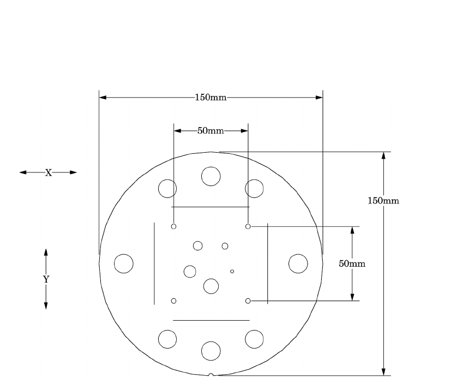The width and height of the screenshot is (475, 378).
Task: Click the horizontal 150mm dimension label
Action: (211, 98)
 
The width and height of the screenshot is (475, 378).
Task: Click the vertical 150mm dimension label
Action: (383, 201)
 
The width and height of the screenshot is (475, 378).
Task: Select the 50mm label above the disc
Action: (211, 131)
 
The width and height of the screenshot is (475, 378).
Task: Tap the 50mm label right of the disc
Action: (352, 263)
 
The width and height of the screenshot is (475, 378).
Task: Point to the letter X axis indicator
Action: (48, 172)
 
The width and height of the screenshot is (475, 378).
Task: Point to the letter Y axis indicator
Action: (46, 279)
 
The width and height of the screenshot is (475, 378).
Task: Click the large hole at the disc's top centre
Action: (211, 176)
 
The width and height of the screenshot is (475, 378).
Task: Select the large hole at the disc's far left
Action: (124, 263)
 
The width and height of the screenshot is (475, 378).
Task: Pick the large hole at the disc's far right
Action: (298, 263)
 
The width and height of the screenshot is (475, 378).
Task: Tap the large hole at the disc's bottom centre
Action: (211, 350)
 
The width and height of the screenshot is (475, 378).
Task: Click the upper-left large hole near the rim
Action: (167, 189)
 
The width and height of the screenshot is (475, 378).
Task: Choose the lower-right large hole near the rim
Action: (254, 339)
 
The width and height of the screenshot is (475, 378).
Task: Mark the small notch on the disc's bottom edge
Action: (211, 375)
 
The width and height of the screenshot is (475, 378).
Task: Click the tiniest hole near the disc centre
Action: (232, 271)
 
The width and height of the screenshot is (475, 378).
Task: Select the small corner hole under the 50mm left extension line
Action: (173, 226)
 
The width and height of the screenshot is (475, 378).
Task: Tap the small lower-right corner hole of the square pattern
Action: (248, 301)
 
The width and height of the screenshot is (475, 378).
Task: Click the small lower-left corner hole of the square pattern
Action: (173, 301)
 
